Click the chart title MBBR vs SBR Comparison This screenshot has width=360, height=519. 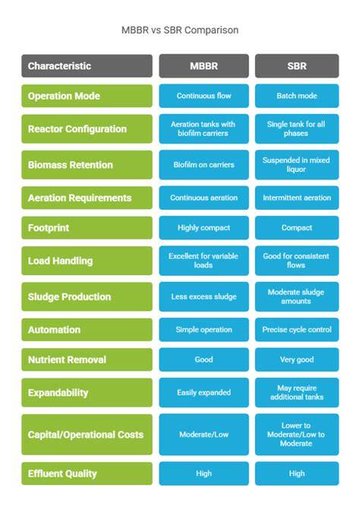180,30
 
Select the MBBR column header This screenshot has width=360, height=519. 204,66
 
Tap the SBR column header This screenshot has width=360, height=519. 297,66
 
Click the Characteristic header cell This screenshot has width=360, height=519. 87,66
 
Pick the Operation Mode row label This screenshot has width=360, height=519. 87,96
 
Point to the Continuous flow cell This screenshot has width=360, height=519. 204,96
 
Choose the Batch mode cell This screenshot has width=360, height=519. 297,96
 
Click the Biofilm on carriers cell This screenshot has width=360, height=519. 204,165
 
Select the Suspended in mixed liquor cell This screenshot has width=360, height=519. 297,165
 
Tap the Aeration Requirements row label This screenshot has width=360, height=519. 87,198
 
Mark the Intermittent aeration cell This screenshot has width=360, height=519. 297,198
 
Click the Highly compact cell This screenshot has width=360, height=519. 204,228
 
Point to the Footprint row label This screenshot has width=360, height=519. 87,228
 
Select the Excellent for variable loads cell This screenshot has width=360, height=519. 204,261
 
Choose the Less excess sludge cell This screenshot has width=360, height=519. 204,296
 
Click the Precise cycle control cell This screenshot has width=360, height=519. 297,330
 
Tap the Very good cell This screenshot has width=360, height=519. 297,359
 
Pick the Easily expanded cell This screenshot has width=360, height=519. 204,393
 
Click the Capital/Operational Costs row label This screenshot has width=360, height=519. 87,435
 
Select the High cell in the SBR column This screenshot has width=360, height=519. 297,473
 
